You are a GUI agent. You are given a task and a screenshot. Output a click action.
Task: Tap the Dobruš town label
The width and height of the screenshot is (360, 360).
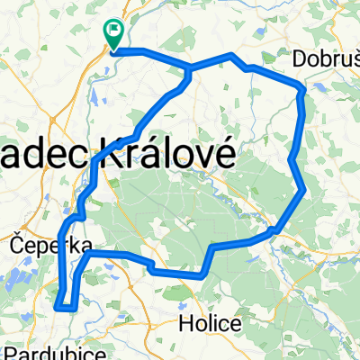(x=327, y=60)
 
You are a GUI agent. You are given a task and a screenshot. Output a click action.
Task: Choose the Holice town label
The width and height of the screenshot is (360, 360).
(x=210, y=323)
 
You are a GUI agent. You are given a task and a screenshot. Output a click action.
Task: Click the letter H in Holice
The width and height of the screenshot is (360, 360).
(x=187, y=323)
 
